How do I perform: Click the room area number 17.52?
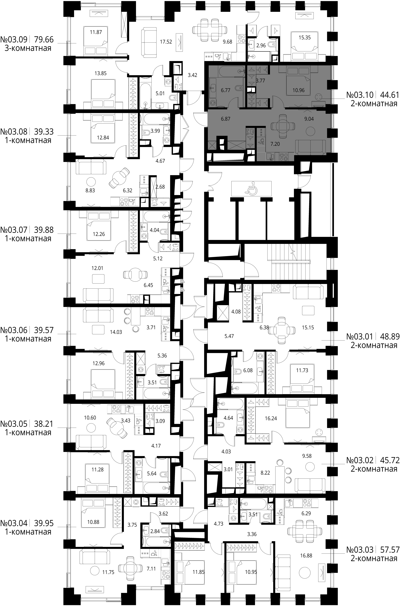pos(166,42)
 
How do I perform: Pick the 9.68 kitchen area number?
pos(228,42)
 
